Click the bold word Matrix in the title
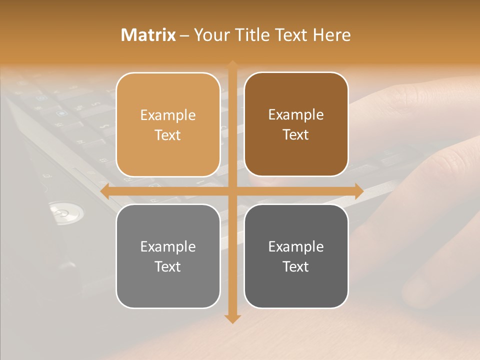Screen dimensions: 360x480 (x=148, y=35)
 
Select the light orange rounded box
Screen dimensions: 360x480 (x=168, y=124)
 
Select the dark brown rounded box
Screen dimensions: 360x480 (x=296, y=124)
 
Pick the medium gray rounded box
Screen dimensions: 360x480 (x=168, y=256)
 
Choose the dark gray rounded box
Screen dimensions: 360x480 (x=296, y=256)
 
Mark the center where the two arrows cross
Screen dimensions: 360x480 (x=232, y=191)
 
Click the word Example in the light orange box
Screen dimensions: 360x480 (x=168, y=115)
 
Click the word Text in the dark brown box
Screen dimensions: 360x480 (x=296, y=135)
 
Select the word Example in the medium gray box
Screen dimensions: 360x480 (x=168, y=246)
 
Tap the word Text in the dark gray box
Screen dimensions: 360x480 (x=296, y=266)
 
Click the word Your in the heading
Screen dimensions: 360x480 (x=210, y=35)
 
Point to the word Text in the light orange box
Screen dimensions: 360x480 (x=168, y=135)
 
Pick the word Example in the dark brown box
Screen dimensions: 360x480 (x=296, y=115)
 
